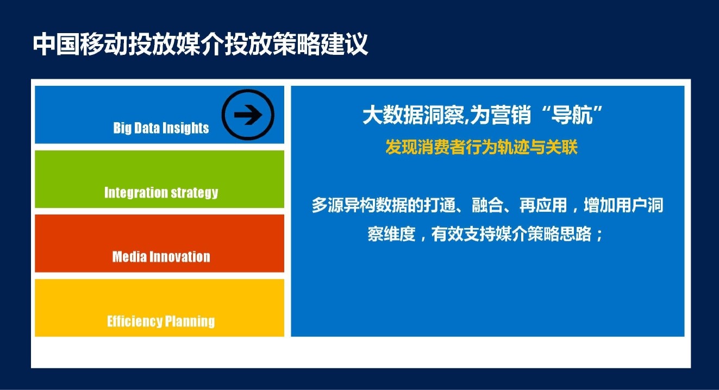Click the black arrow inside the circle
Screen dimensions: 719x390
248,115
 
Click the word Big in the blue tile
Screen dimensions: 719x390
122,128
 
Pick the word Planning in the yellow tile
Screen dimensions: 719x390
190,322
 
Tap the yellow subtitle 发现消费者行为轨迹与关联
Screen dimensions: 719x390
482,147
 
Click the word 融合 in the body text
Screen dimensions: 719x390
487,205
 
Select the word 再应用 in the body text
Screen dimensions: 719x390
543,205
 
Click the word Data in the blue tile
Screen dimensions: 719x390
147,128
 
